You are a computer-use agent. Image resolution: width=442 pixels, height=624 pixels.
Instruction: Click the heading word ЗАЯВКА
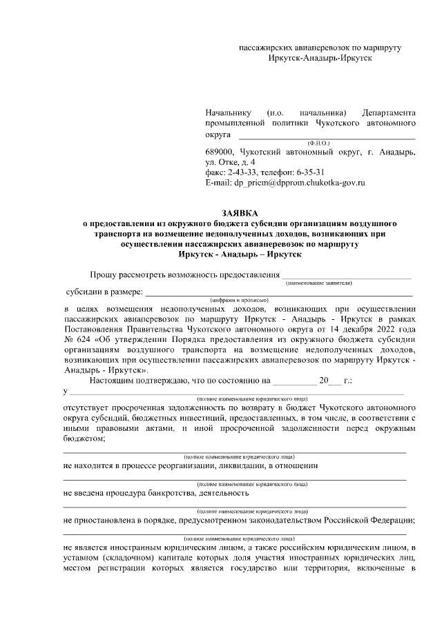[238, 213]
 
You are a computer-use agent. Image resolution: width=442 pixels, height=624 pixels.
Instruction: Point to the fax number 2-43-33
[240, 173]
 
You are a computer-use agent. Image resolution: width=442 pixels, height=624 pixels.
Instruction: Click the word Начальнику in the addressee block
[229, 112]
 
